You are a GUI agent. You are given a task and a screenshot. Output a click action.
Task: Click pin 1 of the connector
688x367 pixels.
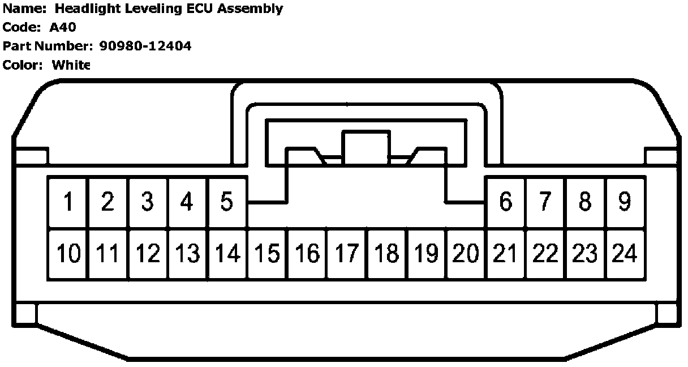tap(68, 202)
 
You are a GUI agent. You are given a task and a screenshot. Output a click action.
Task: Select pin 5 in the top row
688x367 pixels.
tap(227, 202)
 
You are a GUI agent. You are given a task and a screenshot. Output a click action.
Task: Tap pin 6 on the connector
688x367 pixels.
tap(505, 202)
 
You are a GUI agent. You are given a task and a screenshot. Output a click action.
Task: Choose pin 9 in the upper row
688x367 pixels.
tap(625, 202)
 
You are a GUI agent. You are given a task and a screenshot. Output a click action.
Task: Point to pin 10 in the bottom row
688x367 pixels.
tap(68, 254)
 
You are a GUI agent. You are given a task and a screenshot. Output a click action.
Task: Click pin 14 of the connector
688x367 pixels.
tap(227, 254)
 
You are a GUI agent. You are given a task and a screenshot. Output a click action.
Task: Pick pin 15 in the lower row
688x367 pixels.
tap(267, 254)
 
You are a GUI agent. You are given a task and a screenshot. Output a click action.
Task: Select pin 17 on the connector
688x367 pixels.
tap(346, 254)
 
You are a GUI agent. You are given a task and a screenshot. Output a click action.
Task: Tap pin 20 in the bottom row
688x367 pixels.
tap(466, 254)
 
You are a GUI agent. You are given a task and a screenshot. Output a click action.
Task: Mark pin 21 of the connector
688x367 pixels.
tap(505, 254)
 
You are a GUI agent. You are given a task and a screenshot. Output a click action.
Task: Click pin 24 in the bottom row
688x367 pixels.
tap(625, 254)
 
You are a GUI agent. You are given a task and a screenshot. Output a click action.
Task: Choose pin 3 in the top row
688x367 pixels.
tap(148, 202)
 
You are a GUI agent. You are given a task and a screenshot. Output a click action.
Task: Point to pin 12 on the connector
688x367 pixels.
tap(148, 254)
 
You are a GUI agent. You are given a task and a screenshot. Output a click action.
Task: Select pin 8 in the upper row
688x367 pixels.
tap(585, 202)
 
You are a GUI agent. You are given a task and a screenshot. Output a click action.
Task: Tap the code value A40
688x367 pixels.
tap(63, 27)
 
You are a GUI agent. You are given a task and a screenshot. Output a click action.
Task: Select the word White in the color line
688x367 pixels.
tap(71, 65)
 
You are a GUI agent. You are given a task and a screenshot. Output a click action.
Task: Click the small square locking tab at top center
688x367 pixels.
tap(365, 144)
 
